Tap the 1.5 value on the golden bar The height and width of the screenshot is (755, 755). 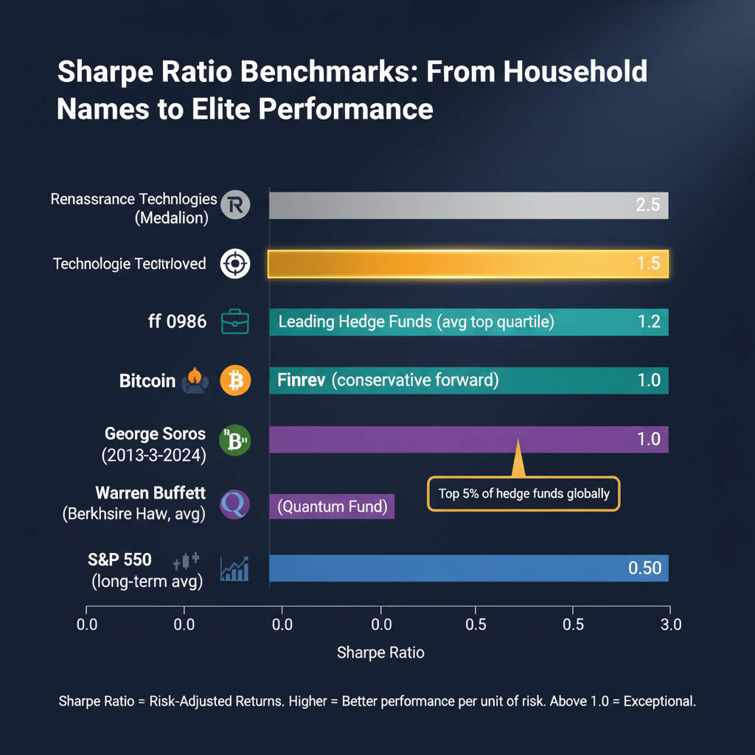tap(647, 263)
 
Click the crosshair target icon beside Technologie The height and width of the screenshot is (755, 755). tap(236, 263)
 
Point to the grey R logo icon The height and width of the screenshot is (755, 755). tap(236, 205)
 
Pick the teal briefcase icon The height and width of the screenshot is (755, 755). tap(236, 322)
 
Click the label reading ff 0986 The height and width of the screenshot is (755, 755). tap(177, 321)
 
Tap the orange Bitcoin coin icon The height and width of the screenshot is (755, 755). tap(236, 381)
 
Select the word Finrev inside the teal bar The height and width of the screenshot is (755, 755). tap(302, 381)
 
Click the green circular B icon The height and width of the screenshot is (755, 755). tap(236, 440)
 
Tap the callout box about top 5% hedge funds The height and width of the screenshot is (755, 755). tap(523, 493)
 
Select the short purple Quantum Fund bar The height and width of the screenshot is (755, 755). tap(332, 507)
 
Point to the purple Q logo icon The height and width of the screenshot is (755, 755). tap(236, 505)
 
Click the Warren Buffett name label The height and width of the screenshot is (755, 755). tap(150, 493)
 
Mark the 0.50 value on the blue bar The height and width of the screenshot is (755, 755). tap(644, 568)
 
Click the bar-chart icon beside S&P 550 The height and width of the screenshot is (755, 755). tap(234, 569)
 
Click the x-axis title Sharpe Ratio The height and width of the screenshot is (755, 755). tap(380, 653)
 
